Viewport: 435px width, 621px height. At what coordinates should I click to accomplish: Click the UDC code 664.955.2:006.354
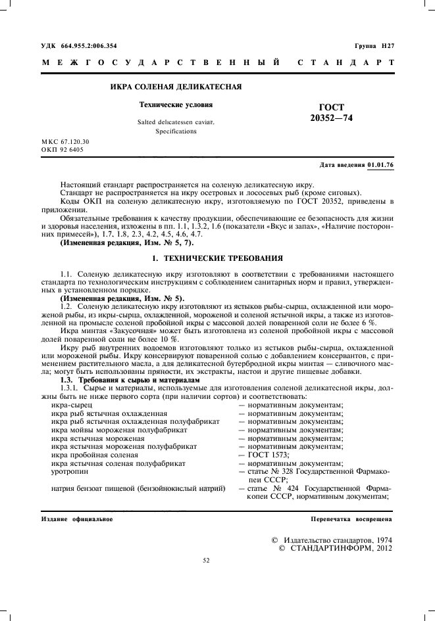89,45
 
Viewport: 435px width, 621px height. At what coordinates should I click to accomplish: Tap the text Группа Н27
374,45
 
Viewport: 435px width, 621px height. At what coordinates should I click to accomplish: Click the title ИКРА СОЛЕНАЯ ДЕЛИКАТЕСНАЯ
176,86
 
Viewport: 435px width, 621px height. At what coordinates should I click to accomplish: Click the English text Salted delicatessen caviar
176,122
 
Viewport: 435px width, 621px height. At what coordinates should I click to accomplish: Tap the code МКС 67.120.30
65,141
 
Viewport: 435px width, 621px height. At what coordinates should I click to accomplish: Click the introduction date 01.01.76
380,165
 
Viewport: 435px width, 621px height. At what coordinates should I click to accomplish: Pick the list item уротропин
70,471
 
